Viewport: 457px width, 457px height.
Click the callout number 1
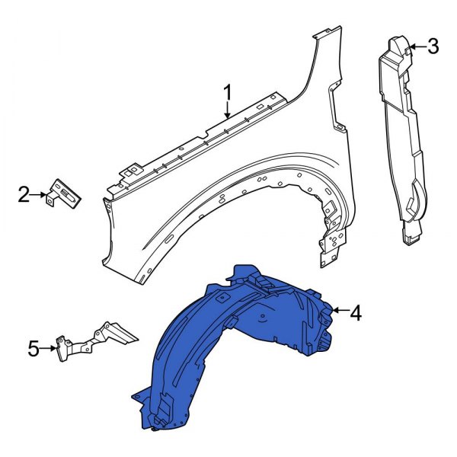pyautogui.click(x=227, y=94)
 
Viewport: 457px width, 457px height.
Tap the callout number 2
pyautogui.click(x=24, y=195)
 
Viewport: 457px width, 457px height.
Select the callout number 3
pyautogui.click(x=433, y=47)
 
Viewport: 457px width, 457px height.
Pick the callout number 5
pyautogui.click(x=33, y=349)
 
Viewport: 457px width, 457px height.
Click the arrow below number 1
pyautogui.click(x=227, y=111)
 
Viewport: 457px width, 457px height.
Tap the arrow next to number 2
pyautogui.click(x=40, y=195)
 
